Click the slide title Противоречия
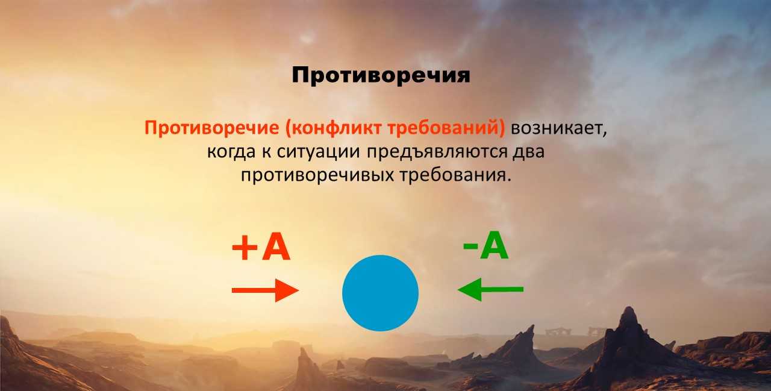pyautogui.click(x=381, y=75)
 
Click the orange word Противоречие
pyautogui.click(x=211, y=128)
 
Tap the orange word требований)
pyautogui.click(x=446, y=128)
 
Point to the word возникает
pyautogui.click(x=559, y=128)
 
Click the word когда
pyautogui.click(x=231, y=152)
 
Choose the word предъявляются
pyautogui.click(x=437, y=152)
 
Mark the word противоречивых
pyautogui.click(x=317, y=175)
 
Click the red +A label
pyautogui.click(x=261, y=247)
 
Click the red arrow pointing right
pyautogui.click(x=265, y=290)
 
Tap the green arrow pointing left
pyautogui.click(x=490, y=289)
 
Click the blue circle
pyautogui.click(x=380, y=293)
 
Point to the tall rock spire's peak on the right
pyautogui.click(x=629, y=308)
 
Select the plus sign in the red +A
pyautogui.click(x=245, y=247)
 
